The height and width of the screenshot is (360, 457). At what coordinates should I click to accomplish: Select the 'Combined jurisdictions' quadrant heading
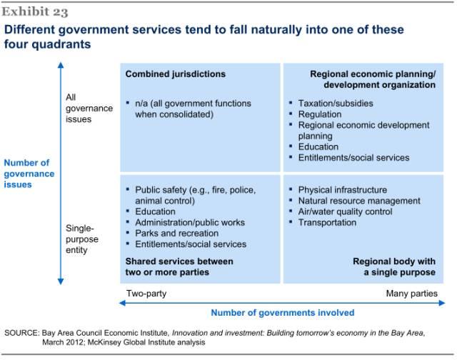coord(175,74)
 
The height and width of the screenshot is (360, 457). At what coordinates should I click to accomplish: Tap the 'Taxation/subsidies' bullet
coord(335,104)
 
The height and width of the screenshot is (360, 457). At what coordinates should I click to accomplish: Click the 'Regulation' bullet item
coord(320,114)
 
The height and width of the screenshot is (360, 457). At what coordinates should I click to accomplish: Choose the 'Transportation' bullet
coord(327,222)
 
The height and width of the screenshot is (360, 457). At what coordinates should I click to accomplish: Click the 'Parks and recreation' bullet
coord(176,233)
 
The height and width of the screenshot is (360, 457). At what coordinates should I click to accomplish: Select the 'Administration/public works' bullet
coord(190,222)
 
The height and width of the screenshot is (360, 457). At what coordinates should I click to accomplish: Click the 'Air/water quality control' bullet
coord(346,211)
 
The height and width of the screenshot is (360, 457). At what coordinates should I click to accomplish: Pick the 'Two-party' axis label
coord(146,294)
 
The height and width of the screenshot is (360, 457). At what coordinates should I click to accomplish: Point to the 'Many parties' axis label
coord(411,294)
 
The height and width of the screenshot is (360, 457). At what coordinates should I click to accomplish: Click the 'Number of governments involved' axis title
coord(282,312)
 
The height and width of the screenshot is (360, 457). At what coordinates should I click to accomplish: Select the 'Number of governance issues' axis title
coord(29,174)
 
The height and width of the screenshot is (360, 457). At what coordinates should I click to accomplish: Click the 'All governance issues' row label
coord(79,108)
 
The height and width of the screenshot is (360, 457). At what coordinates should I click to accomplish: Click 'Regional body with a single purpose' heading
coord(393,266)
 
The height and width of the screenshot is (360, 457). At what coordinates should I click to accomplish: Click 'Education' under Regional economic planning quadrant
coord(318,146)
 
